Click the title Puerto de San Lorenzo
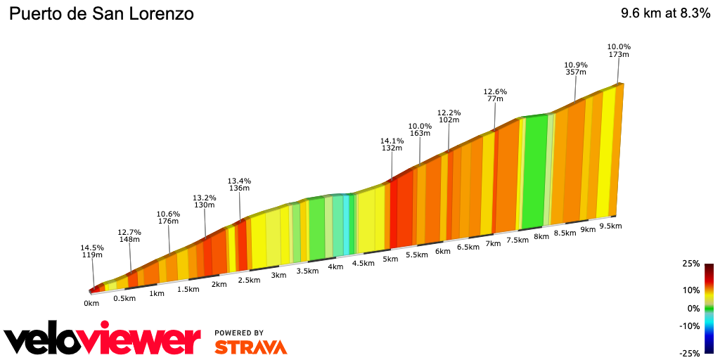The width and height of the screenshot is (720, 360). [x=101, y=13]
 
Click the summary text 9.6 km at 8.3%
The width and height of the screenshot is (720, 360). [x=665, y=13]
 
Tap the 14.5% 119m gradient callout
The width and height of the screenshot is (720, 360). [x=93, y=251]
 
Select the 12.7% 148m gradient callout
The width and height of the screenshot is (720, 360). [x=129, y=236]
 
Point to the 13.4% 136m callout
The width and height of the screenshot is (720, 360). [x=239, y=184]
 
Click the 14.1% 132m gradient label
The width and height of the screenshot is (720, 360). [x=392, y=144]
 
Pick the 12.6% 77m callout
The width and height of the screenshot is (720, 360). [x=495, y=95]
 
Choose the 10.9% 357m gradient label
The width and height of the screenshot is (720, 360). [x=576, y=67]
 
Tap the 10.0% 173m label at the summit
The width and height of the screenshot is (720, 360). [x=619, y=51]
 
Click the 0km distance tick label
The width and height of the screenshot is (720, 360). [x=91, y=303]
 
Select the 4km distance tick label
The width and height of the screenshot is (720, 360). [x=335, y=266]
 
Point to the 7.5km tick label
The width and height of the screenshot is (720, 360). [x=517, y=240]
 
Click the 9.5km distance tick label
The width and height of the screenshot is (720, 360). [x=611, y=226]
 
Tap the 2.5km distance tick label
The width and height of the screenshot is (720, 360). [x=249, y=280]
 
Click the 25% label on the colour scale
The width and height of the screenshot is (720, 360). [x=691, y=264]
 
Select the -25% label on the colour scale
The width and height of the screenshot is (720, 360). [x=690, y=353]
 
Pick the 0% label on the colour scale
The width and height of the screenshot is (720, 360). [x=693, y=308]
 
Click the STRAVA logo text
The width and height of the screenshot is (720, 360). [x=250, y=347]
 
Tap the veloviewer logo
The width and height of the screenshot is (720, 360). [x=102, y=340]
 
